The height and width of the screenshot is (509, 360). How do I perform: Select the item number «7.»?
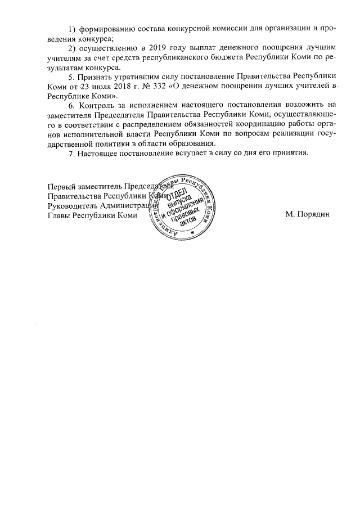coord(71,154)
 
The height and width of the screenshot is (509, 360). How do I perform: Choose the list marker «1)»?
coord(71,29)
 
